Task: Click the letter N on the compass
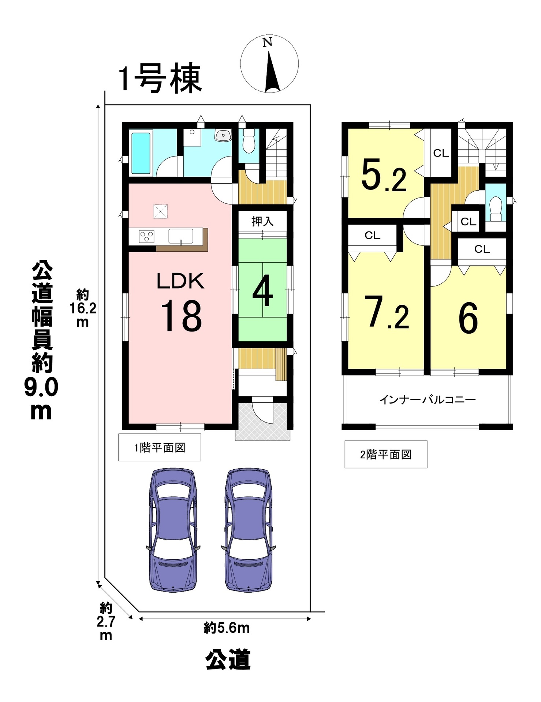coord(268,42)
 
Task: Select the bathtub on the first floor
coord(141,153)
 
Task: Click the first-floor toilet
coord(249,141)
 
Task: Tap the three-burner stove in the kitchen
coord(146,236)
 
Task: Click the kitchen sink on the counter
coord(181,236)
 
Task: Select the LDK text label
coord(180,281)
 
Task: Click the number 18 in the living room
coord(181,315)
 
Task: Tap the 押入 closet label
coord(262,221)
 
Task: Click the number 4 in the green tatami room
coord(262,290)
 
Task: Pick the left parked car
coord(173,529)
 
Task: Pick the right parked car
coord(248,529)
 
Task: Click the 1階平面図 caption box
coord(160,447)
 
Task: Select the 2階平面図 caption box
coord(386,454)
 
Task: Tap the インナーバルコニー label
coord(428,399)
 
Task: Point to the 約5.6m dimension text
coord(227,628)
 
